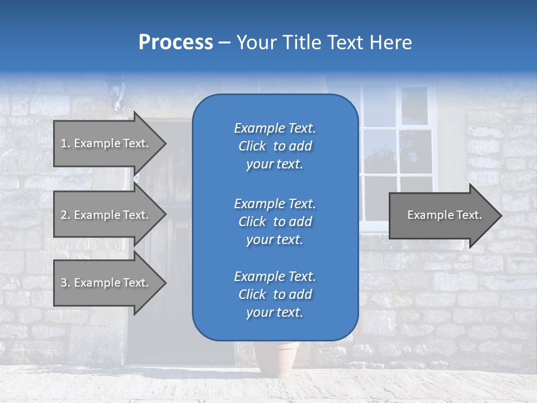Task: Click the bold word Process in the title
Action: coord(176,43)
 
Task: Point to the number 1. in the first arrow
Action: coord(65,143)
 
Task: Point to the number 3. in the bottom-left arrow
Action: coord(65,283)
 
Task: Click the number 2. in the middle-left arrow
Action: coord(65,215)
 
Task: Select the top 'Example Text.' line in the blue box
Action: coord(275,128)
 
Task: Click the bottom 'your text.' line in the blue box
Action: coord(275,312)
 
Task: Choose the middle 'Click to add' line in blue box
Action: coord(275,222)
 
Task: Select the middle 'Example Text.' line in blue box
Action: coord(275,203)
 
